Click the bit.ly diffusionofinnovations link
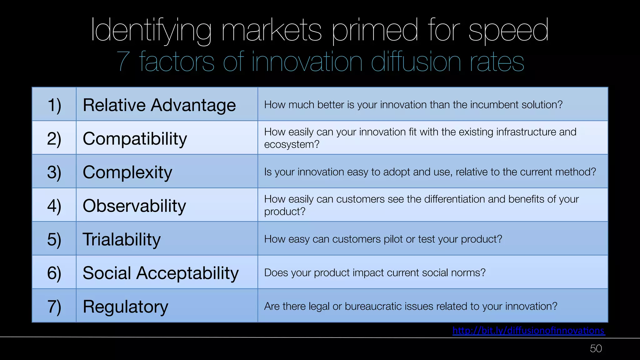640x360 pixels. coord(528,330)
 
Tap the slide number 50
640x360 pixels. coord(596,348)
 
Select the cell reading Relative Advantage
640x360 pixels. coord(159,105)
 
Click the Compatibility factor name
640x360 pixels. coord(135,138)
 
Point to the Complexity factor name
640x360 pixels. coord(127,172)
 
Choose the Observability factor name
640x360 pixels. coord(134,206)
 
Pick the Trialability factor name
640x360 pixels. coord(121,239)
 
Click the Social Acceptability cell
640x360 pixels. coord(160,273)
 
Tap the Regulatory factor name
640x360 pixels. coord(125,307)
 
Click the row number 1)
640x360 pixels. coord(54,105)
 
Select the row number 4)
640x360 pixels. coord(54,206)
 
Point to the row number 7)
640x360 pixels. coord(54,307)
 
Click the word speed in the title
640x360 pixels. coord(508,31)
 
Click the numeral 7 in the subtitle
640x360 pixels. coord(123,62)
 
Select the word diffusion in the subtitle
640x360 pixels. coord(416,62)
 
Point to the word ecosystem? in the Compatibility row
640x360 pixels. coord(292,144)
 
